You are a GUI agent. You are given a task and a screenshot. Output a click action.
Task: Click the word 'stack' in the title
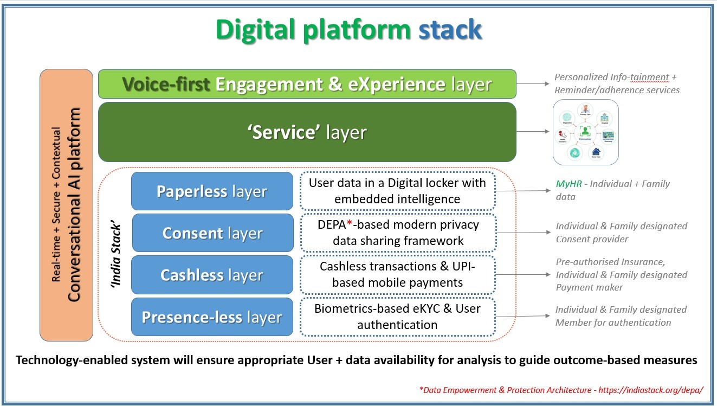(x=449, y=29)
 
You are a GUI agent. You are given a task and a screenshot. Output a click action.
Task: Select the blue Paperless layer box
(x=212, y=191)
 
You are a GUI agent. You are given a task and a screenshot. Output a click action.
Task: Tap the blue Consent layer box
(x=212, y=233)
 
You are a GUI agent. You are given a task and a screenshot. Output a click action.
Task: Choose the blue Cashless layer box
(x=212, y=275)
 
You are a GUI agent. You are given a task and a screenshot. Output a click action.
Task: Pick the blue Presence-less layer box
(x=212, y=317)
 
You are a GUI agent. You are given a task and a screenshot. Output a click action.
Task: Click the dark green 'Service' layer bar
(x=307, y=132)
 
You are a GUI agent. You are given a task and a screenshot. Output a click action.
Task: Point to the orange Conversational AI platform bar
(x=66, y=205)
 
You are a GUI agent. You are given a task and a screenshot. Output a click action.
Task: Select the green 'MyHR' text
(x=569, y=184)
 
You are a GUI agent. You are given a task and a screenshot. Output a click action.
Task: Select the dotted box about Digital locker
(x=397, y=191)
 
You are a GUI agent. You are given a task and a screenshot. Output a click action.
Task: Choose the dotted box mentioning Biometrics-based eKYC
(x=397, y=317)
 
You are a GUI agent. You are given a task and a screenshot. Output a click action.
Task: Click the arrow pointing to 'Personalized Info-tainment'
(x=533, y=84)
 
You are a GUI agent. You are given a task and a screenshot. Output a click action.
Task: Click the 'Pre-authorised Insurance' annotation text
(x=610, y=262)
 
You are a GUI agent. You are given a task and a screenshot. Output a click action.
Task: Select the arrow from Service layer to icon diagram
(x=533, y=132)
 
